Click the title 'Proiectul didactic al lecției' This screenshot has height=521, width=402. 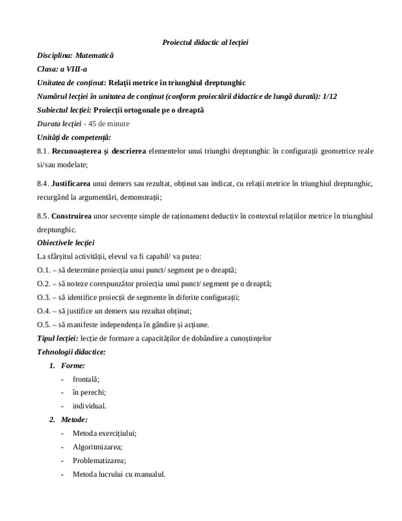point(205,42)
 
